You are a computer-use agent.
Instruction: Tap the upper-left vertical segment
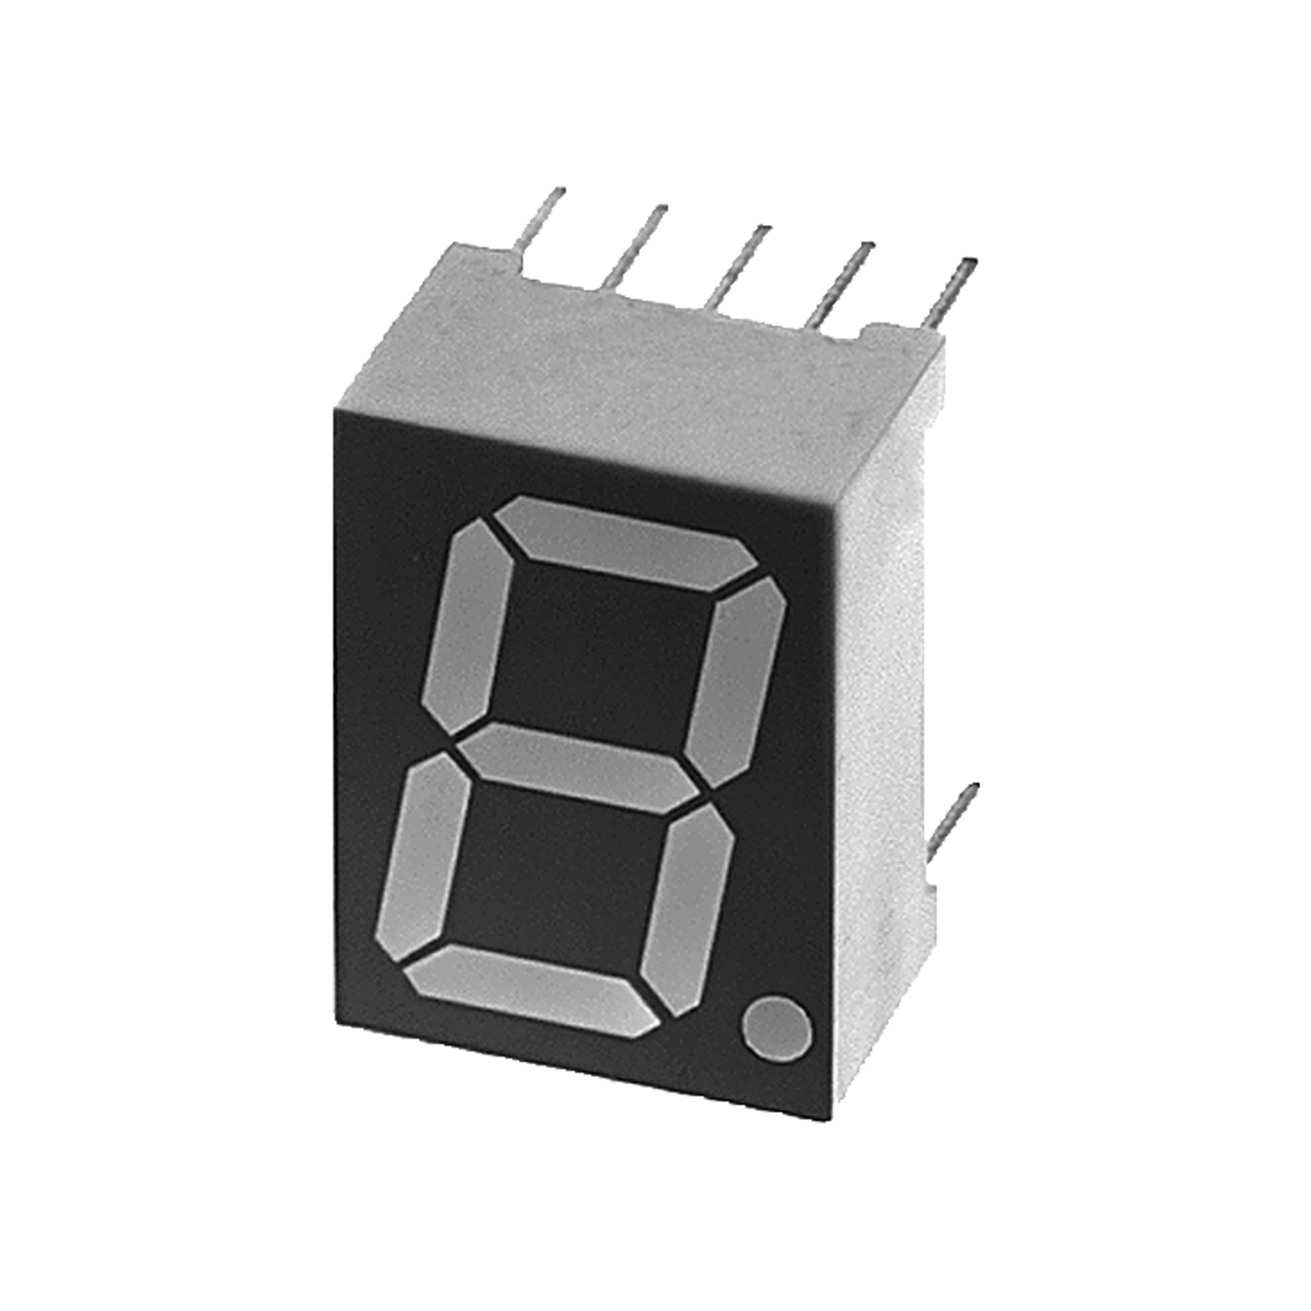468,628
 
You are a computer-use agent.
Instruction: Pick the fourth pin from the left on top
841,282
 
